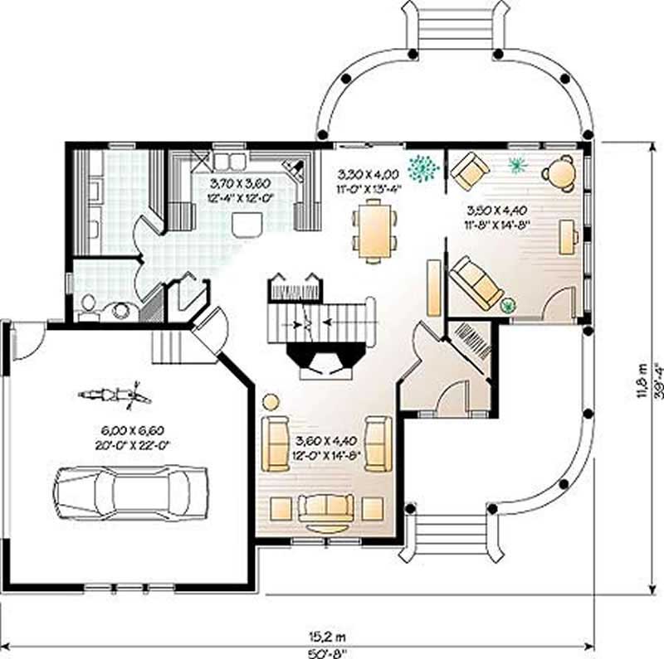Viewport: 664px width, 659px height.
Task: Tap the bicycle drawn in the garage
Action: coord(115,395)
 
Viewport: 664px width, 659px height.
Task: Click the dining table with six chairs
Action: coord(374,233)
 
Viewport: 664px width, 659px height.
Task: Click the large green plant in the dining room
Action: coord(424,168)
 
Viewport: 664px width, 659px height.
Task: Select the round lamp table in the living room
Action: coord(271,402)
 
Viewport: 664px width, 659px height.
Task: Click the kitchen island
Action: coord(245,225)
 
